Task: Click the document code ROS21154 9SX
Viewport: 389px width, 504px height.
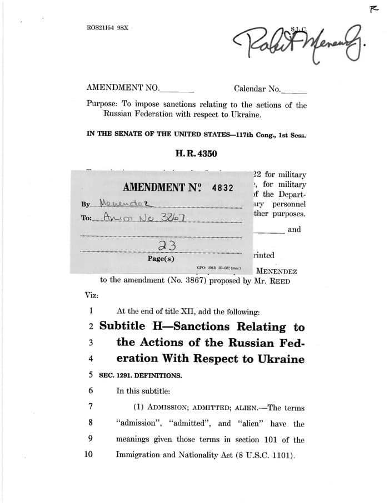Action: [108, 27]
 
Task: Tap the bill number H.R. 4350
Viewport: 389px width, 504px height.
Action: [196, 154]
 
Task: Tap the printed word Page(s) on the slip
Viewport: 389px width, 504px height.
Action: [161, 259]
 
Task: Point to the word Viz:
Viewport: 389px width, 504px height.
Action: [92, 295]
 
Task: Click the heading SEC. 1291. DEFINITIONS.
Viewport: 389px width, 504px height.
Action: [141, 375]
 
